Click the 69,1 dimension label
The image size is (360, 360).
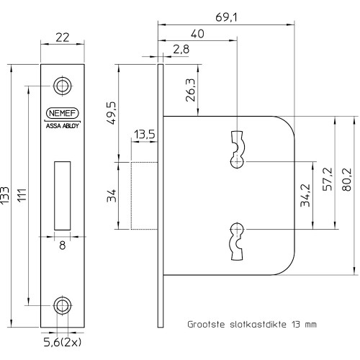(226, 17)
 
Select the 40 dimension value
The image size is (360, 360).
(197, 34)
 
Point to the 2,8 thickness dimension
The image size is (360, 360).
(181, 49)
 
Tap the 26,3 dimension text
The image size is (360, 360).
(191, 90)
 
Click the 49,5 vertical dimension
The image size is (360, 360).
(111, 113)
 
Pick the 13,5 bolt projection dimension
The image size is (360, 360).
(145, 135)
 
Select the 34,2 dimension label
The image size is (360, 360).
(305, 195)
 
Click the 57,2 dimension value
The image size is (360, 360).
(328, 179)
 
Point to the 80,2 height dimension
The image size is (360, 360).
(346, 179)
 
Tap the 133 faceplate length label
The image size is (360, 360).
(5, 196)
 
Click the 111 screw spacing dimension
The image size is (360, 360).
(22, 196)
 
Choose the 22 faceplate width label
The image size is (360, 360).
(63, 37)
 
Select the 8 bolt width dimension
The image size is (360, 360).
(63, 246)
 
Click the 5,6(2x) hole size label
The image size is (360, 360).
(63, 343)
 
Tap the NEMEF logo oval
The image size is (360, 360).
(63, 113)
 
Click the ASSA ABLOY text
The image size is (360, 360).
(63, 126)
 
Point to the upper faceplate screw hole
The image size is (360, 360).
(63, 86)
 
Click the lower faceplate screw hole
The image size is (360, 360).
(63, 305)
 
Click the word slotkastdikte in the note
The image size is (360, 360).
(258, 325)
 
